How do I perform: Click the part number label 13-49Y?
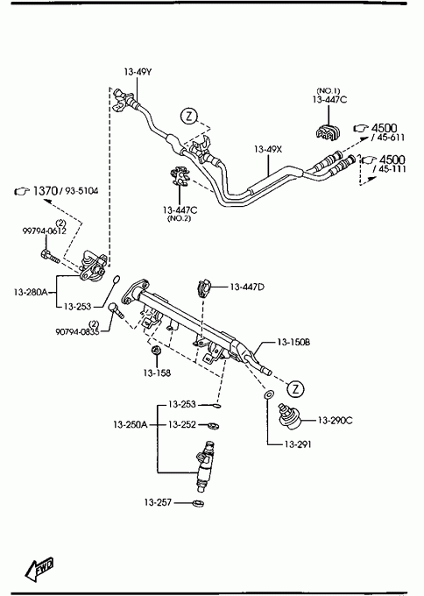click(x=138, y=72)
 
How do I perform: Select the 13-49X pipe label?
click(x=268, y=149)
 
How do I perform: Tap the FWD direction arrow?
click(x=39, y=569)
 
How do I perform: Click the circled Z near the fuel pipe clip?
click(x=189, y=116)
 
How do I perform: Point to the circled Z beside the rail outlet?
click(x=296, y=388)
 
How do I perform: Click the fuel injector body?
click(x=204, y=466)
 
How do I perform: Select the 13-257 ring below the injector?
click(x=198, y=503)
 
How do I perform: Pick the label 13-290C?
click(x=336, y=421)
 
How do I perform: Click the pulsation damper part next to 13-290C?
click(x=291, y=416)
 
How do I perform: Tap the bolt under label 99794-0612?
click(x=49, y=256)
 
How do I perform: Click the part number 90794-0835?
click(x=77, y=332)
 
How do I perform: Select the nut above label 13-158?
click(x=156, y=350)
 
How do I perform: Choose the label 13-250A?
click(x=130, y=424)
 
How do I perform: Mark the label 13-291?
click(x=298, y=444)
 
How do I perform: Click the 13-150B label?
click(x=293, y=342)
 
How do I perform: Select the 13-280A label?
click(x=31, y=292)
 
